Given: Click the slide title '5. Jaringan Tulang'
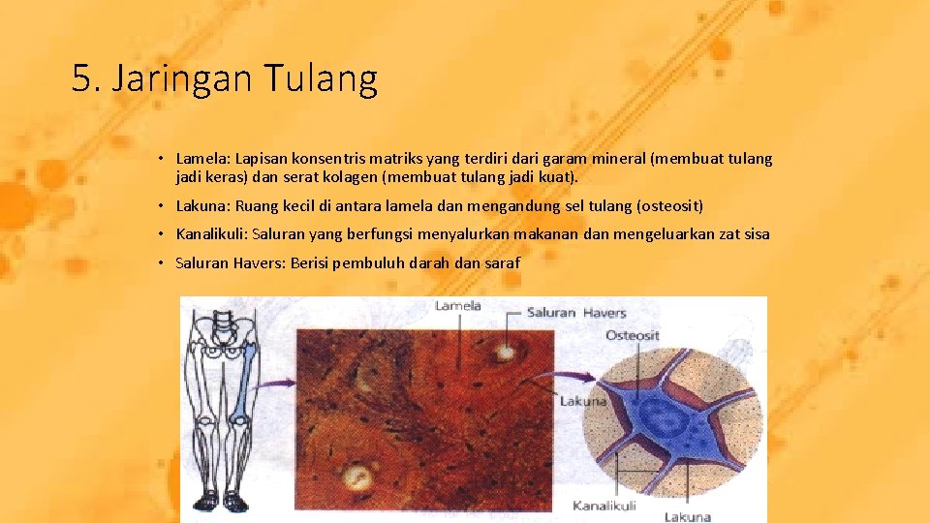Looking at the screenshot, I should (x=224, y=78).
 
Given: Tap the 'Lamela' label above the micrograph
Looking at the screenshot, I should (x=457, y=307).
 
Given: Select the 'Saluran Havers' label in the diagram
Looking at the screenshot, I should (x=576, y=312).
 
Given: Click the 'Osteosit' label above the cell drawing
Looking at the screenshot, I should (x=634, y=335).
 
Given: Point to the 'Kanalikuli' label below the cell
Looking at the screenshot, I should (x=604, y=505).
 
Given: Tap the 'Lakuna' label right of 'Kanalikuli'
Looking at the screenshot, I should (x=687, y=516).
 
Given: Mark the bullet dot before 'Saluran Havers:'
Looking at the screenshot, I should (x=164, y=262).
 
